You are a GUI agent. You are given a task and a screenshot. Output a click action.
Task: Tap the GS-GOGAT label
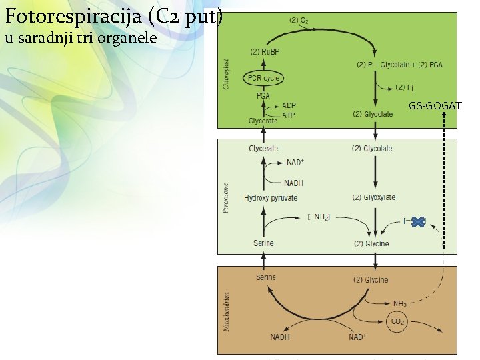435,105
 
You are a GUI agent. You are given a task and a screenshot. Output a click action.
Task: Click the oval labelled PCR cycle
264,78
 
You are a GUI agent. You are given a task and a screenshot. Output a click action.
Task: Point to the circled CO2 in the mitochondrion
397,323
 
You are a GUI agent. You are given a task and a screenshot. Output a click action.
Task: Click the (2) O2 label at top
298,21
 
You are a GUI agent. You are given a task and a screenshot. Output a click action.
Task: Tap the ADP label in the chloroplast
289,105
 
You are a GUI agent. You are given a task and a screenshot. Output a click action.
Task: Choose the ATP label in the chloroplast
289,115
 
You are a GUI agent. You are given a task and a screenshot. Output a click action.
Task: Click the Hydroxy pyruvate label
271,198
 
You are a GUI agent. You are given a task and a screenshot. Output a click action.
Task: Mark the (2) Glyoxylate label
373,197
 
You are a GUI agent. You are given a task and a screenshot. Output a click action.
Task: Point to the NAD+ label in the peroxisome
295,162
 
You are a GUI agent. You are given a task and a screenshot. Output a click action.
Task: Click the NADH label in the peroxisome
293,183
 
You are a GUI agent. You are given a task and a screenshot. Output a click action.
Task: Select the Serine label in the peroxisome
263,243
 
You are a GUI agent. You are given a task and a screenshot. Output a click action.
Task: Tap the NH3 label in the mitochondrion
400,304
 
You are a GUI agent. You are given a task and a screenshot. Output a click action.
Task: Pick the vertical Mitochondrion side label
227,312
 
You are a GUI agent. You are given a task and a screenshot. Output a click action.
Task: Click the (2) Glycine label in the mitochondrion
371,280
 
